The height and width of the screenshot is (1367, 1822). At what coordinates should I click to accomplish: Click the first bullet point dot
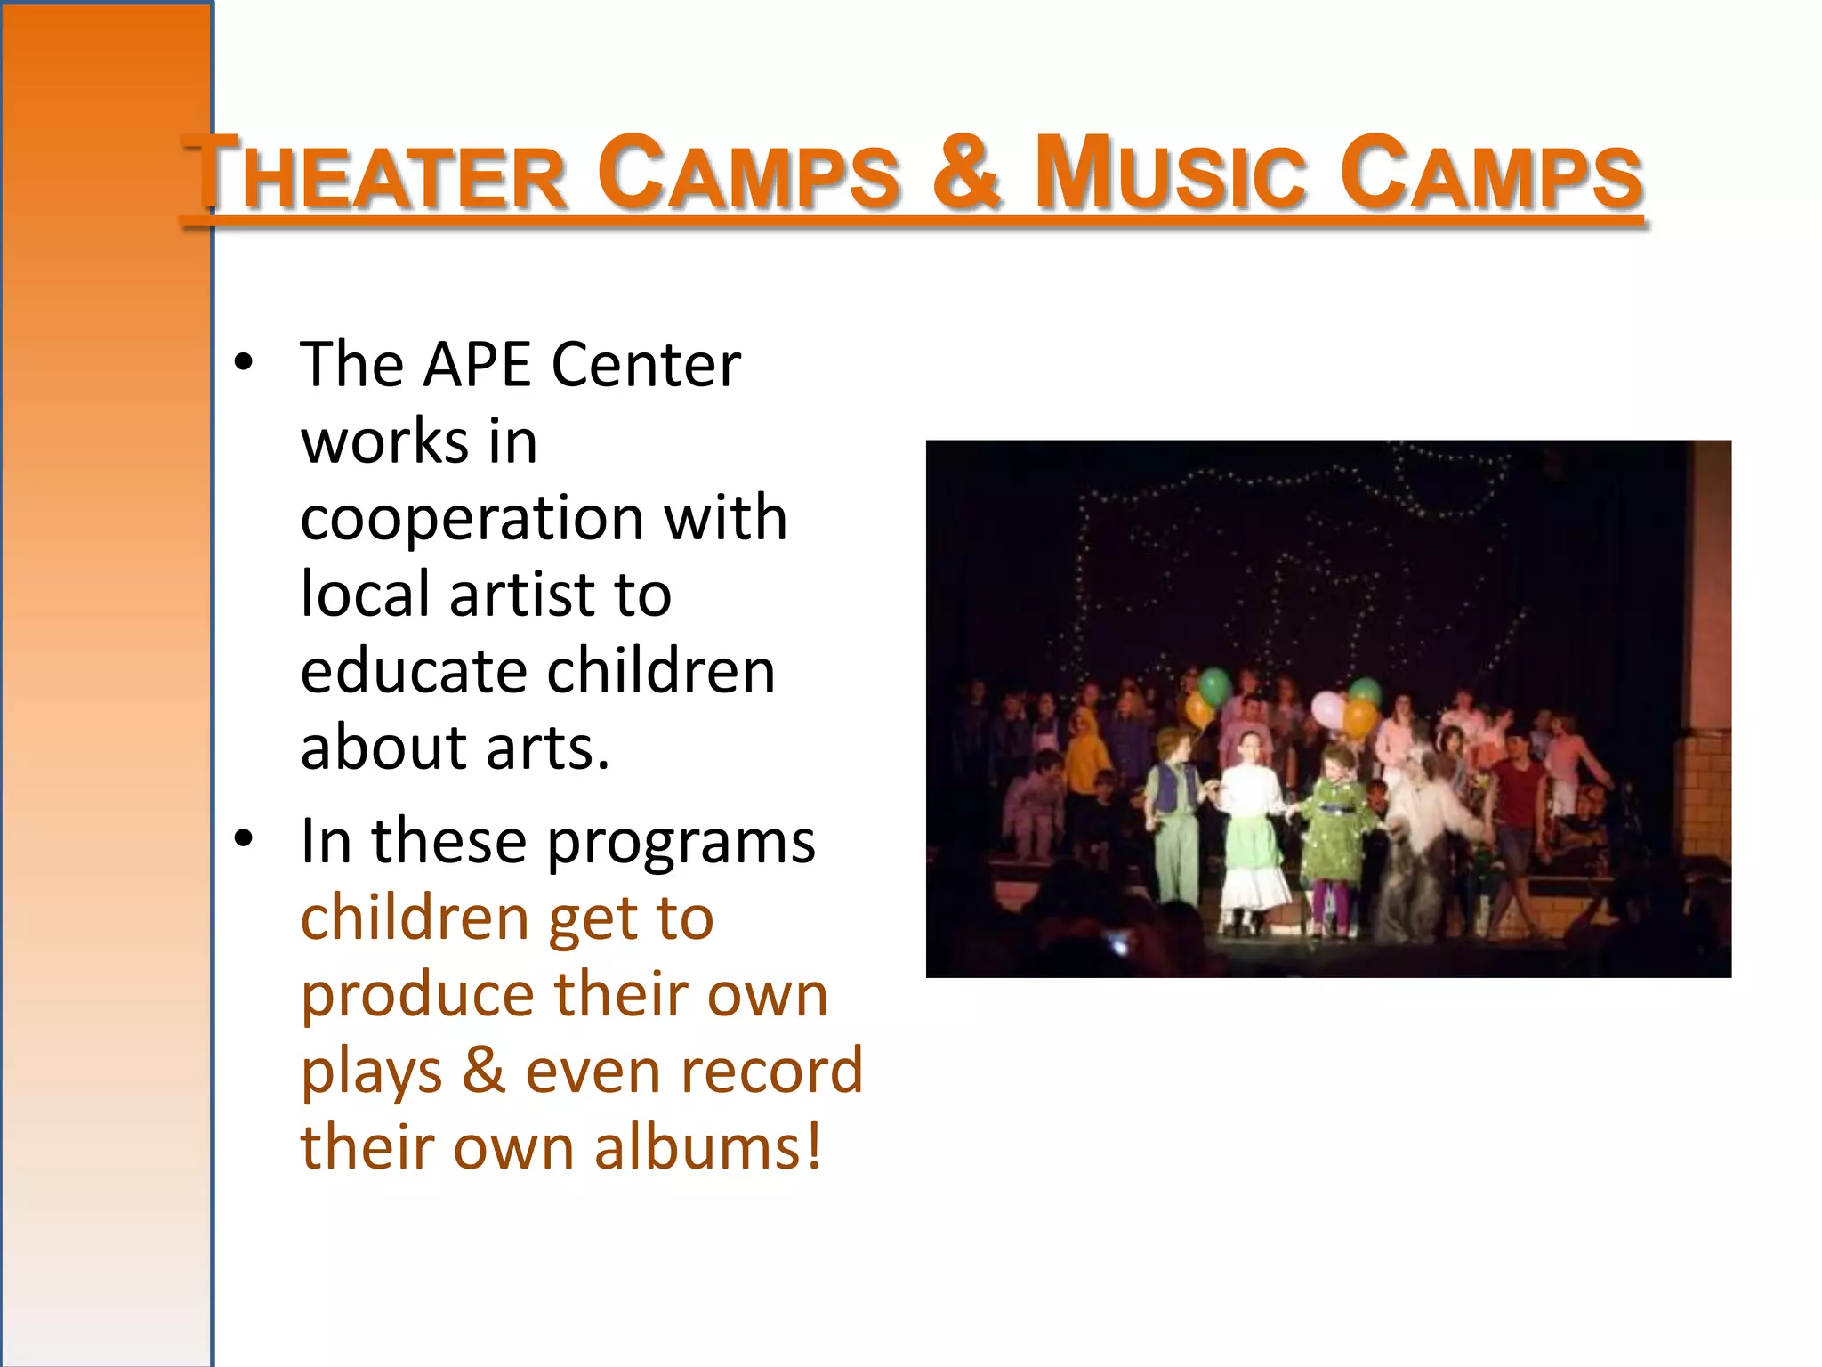point(244,363)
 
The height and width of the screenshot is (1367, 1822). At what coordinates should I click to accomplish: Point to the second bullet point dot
point(244,839)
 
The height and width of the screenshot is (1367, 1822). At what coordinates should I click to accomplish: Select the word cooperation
point(472,519)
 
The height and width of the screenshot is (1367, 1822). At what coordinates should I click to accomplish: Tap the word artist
point(521,594)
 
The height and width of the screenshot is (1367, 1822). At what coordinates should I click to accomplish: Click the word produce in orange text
point(415,996)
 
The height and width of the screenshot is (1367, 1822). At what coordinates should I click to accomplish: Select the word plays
point(371,1072)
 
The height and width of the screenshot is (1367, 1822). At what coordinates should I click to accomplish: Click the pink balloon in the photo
point(1328,709)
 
